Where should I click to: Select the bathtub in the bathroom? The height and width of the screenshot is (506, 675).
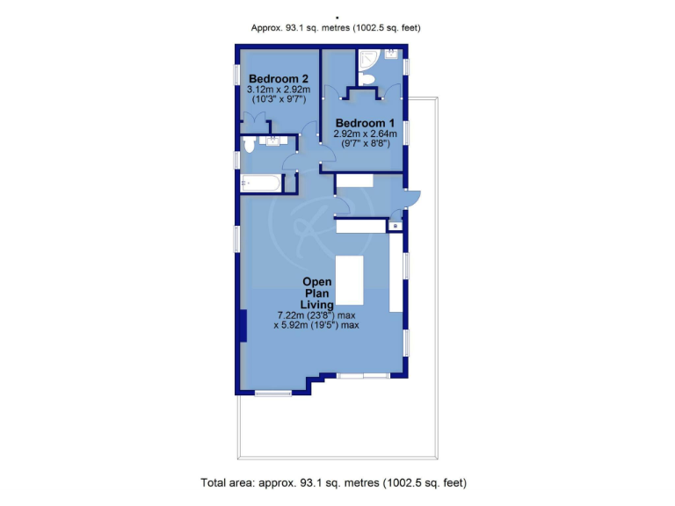261,183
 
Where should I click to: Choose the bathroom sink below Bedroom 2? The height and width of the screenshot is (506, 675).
272,140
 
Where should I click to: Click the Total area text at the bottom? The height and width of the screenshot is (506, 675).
333,482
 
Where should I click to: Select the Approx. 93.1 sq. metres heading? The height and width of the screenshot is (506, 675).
337,28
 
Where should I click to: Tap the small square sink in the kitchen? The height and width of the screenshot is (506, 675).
396,226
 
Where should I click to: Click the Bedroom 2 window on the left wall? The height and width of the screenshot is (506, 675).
236,76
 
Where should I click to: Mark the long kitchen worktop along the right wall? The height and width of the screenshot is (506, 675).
396,272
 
